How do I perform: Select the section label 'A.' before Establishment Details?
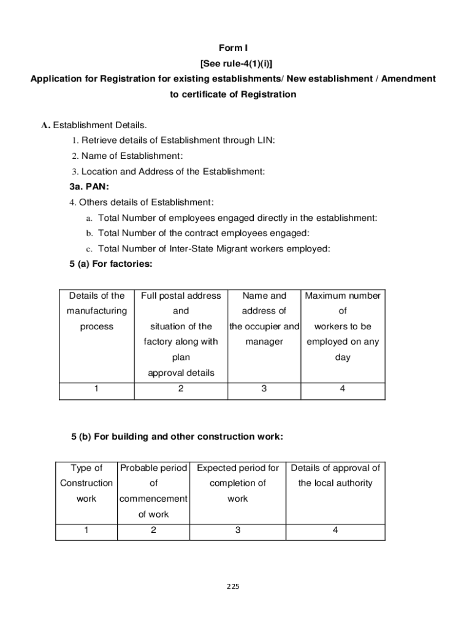45,125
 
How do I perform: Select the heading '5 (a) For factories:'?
111,264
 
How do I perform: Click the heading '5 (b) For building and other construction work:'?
177,437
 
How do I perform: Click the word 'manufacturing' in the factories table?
97,311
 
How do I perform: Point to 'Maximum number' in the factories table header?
343,296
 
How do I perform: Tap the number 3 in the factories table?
264,388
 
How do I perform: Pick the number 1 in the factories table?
97,388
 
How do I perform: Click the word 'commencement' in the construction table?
153,499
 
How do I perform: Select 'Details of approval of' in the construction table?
335,468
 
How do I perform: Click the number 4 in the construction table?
335,530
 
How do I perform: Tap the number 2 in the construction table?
153,530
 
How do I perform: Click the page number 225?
233,586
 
